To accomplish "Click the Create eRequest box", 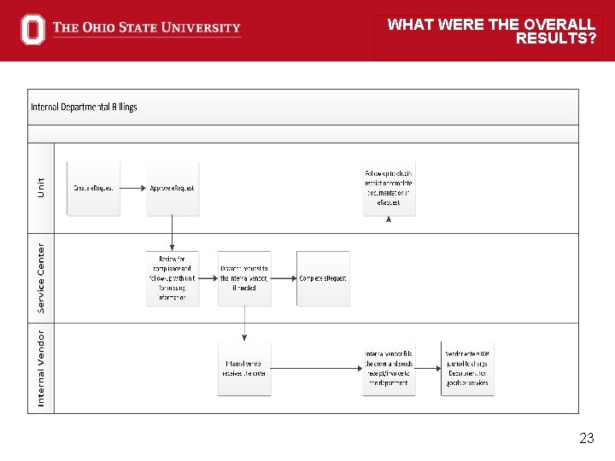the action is coord(94,188).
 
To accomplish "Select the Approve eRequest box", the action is coord(173,188).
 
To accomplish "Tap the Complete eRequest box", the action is coord(323,278).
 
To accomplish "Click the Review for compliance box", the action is coord(173,278).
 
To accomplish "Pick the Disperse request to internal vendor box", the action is coord(244,278).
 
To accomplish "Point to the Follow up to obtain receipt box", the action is coord(389,188).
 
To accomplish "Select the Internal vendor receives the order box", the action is coord(244,368).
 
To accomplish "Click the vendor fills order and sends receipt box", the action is coord(389,368).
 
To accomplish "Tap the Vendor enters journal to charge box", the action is coord(467,368).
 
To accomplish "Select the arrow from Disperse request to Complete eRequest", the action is coord(284,278).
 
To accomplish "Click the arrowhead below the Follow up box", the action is coord(389,219).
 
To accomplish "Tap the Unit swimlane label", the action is coord(41,187).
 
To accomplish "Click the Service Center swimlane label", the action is coord(41,277).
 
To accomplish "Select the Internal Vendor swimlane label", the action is coord(41,368).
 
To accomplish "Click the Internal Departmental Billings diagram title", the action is coord(84,107).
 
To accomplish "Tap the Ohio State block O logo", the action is coord(32,29).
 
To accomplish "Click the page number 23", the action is coord(586,438).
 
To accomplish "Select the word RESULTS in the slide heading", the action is coord(555,38).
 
